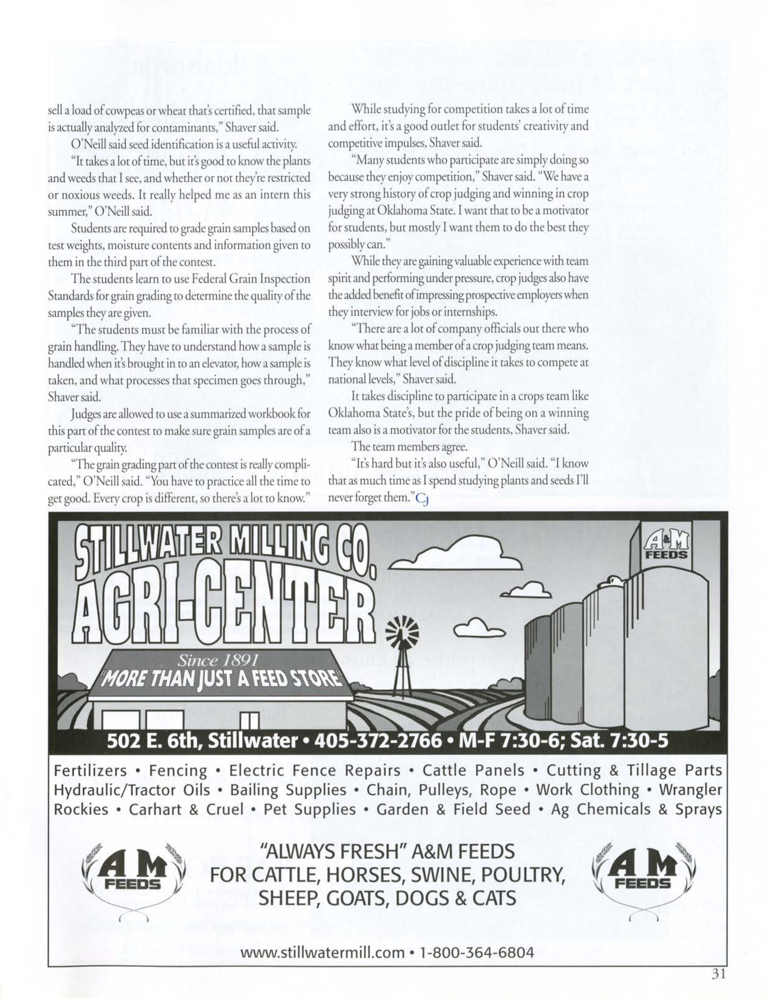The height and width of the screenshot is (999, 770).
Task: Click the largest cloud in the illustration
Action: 462,553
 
